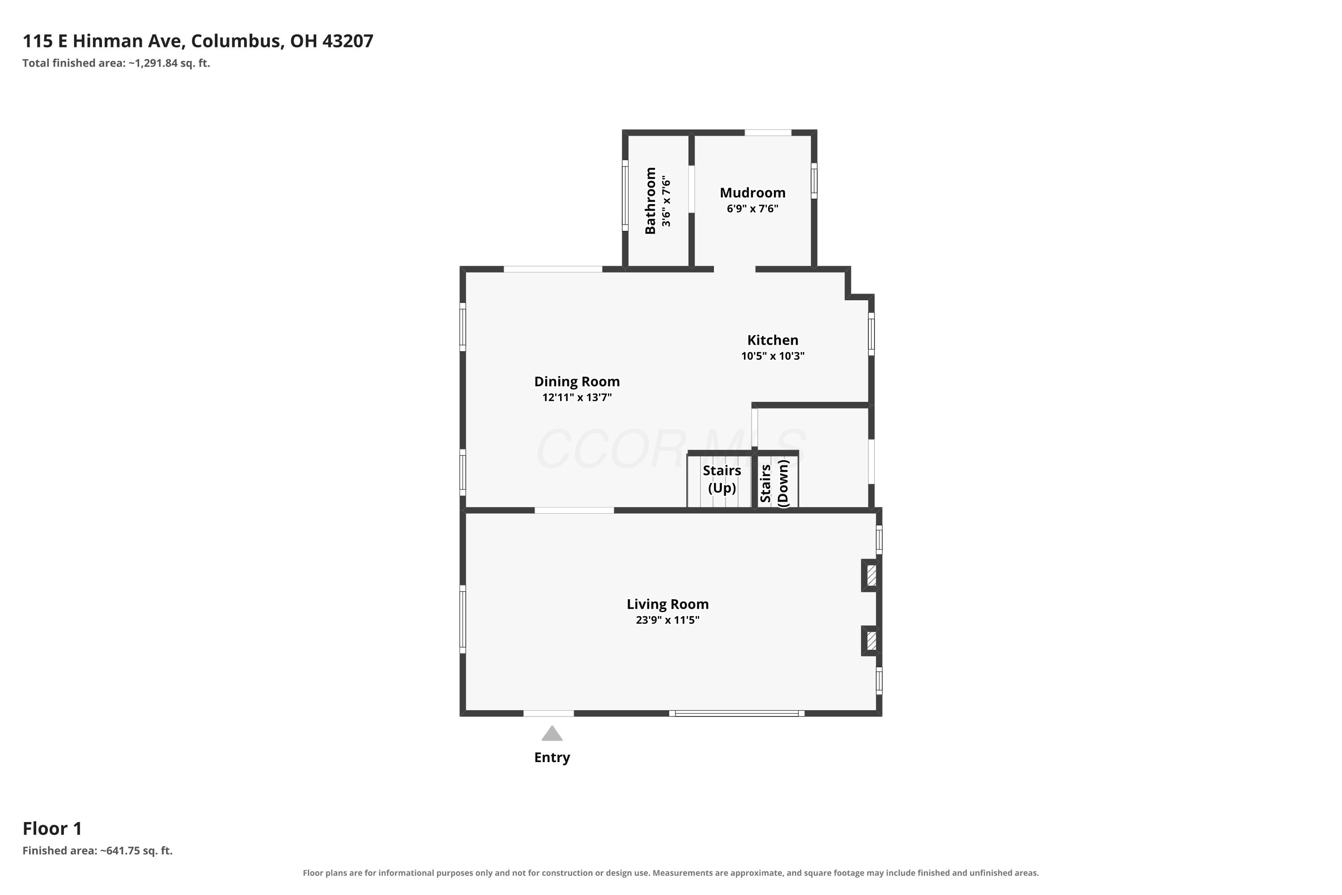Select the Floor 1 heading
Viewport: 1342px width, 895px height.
[x=52, y=828]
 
